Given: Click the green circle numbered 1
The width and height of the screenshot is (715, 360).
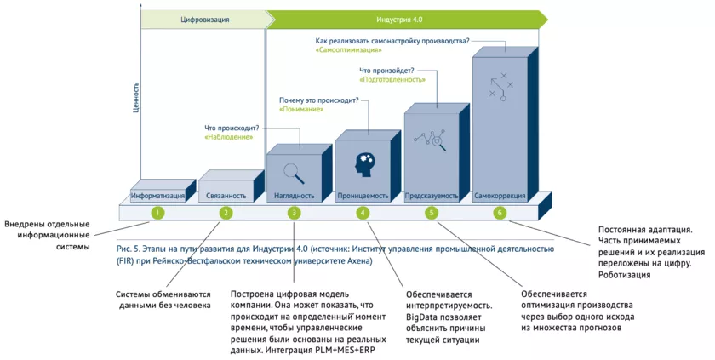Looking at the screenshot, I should click(157, 213).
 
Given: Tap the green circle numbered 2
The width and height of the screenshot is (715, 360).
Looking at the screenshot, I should click(226, 213).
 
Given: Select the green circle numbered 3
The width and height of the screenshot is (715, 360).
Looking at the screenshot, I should click(294, 213).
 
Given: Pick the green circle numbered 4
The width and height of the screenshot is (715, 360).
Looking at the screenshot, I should click(363, 213).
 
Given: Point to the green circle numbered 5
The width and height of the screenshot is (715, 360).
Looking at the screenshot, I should click(432, 213).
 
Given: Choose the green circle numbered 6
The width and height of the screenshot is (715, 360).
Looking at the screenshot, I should click(500, 213).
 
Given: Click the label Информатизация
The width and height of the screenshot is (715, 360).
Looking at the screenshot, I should click(157, 196).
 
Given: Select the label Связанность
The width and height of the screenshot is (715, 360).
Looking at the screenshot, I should click(226, 196).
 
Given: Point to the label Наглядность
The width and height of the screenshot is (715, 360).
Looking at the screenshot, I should click(295, 196).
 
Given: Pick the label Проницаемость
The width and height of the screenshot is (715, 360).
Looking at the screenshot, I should click(363, 196).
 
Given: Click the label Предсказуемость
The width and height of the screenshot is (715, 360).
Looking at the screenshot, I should click(432, 196).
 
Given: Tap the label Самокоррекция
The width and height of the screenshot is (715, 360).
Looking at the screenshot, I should click(500, 196).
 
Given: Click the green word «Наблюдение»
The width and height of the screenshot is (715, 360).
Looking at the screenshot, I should click(226, 136).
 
